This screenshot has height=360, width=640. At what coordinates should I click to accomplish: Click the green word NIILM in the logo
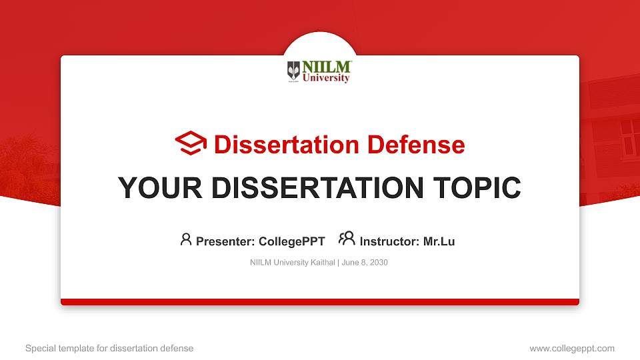click(327, 67)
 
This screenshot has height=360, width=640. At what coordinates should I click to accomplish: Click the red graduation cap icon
click(191, 143)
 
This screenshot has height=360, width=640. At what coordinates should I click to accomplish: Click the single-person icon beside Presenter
click(186, 239)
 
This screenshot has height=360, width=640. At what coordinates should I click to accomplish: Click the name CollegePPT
click(291, 241)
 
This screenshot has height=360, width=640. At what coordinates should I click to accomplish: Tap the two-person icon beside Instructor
click(347, 239)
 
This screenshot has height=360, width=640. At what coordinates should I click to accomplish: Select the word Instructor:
click(389, 241)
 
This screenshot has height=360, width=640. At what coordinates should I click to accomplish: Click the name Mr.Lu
click(439, 241)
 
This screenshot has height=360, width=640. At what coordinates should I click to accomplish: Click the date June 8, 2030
click(365, 263)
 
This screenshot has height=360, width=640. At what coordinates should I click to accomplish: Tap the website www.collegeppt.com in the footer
click(572, 348)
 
